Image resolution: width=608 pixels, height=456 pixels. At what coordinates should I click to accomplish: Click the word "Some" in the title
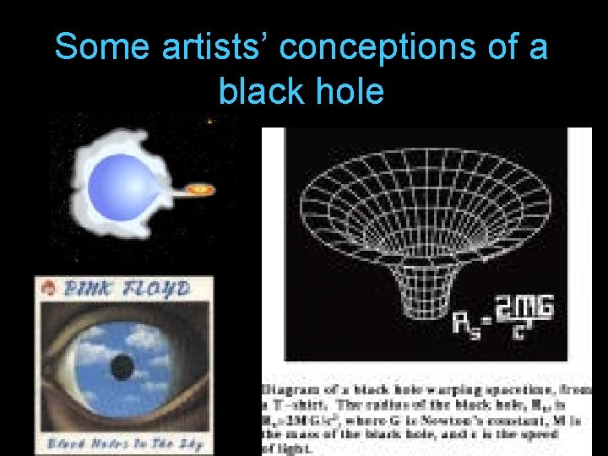(x=90, y=47)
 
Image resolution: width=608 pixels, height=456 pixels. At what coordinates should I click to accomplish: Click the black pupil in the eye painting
(x=123, y=366)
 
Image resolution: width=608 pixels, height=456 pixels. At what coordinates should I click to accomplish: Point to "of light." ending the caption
(x=287, y=448)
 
